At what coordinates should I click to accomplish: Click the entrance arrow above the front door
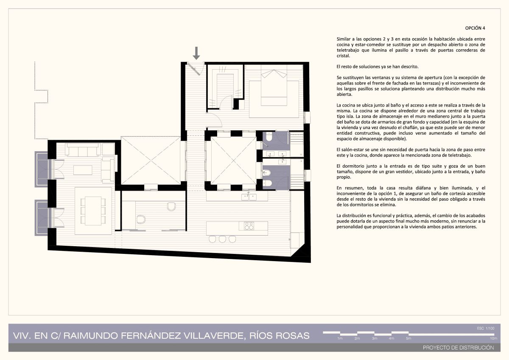coord(196,53)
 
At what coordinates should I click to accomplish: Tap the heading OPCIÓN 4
coord(475,28)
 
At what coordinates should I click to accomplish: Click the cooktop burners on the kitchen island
coord(249,226)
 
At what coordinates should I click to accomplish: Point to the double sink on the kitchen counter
coord(249,197)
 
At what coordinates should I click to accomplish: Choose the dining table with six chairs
coord(93,211)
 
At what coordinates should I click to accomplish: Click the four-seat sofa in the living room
coord(83,149)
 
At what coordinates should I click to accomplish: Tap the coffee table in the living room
coord(83,170)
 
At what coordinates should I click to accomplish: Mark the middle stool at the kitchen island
coord(222,239)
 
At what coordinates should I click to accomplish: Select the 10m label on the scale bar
coord(494,338)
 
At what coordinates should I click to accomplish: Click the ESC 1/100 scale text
coord(486,328)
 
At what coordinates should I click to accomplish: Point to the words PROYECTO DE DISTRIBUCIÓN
coord(459,348)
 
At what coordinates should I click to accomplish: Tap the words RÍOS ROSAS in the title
coord(280,336)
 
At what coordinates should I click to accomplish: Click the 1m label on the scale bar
coord(340,338)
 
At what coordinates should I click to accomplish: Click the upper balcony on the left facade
coord(42,169)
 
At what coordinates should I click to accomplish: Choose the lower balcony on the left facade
coord(42,218)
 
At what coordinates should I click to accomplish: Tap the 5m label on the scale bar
coord(408,338)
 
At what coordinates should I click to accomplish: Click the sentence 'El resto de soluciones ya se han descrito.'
coord(378,67)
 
